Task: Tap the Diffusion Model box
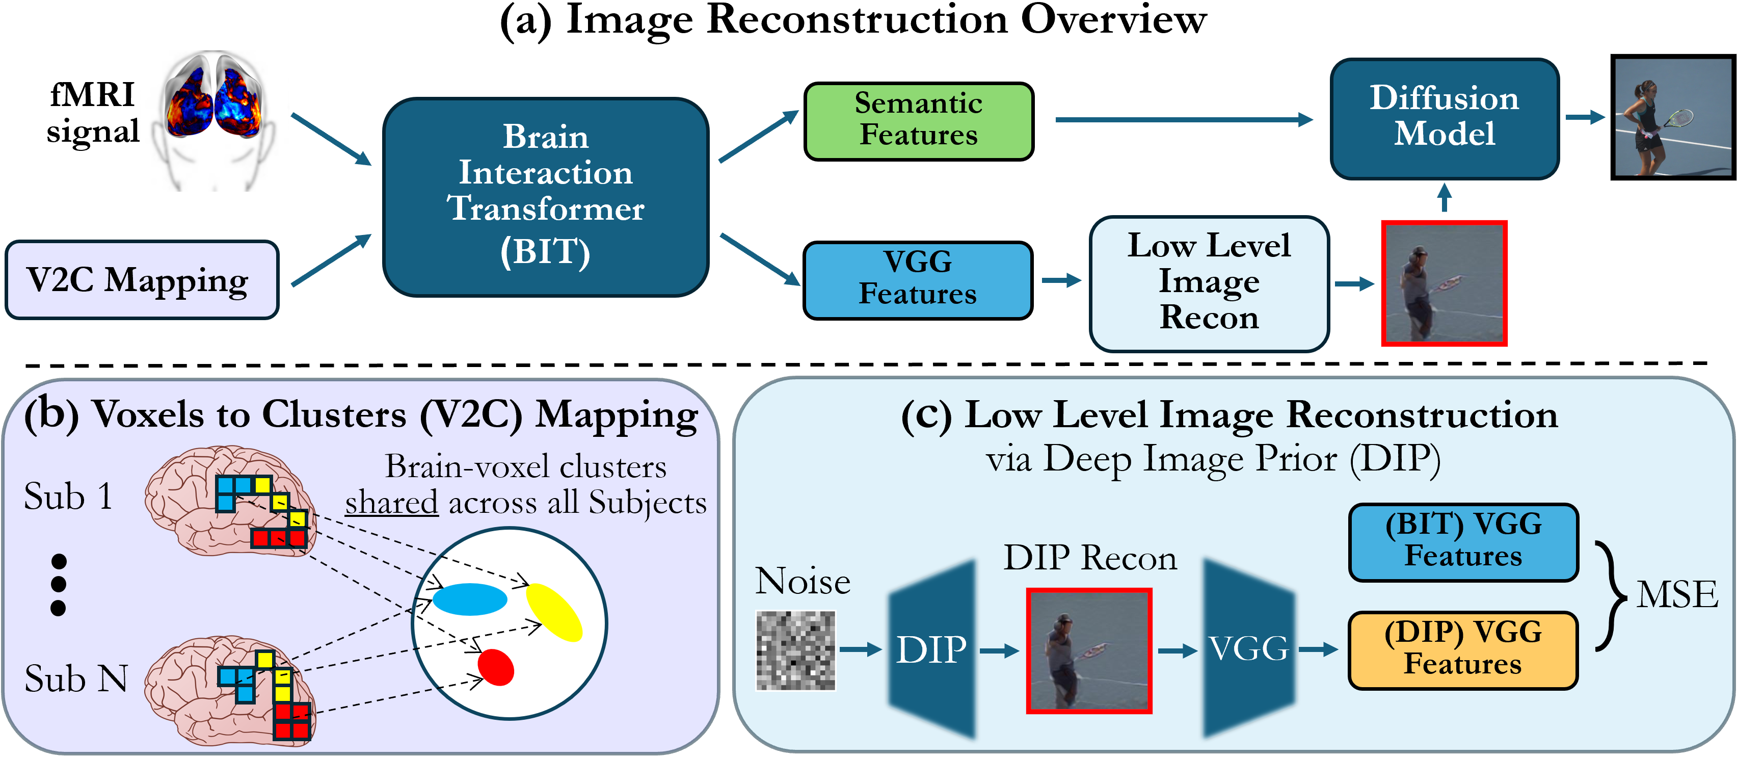point(1445,118)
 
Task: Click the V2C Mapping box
point(142,279)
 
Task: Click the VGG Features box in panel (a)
point(917,279)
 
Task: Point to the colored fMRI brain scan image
point(213,101)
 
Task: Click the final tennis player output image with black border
point(1673,117)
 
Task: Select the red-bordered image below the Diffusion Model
point(1444,283)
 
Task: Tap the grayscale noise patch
point(796,650)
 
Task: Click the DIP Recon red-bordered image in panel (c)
point(1088,650)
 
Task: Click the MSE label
point(1677,595)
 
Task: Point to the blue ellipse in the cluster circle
point(469,599)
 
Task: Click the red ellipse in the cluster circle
point(496,667)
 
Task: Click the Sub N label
point(75,678)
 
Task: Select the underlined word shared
point(391,503)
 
